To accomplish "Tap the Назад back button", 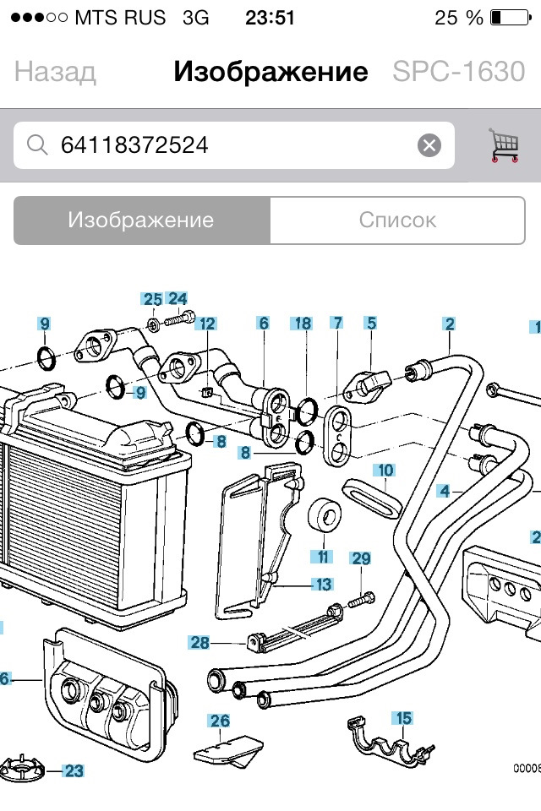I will click(55, 72).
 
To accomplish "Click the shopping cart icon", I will click(503, 145).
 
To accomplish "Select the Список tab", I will click(397, 220).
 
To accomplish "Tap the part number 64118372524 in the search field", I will click(134, 145).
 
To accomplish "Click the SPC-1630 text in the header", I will click(458, 72).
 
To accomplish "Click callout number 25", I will click(152, 299).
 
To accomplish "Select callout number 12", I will click(207, 323).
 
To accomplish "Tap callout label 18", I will click(302, 323).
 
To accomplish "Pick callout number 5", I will click(370, 323).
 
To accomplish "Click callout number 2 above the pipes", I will click(450, 323).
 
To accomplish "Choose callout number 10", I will click(385, 470).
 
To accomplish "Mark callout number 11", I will click(322, 556).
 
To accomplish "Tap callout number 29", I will click(361, 558).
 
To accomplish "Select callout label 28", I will click(199, 643).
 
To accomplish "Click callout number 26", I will click(220, 721).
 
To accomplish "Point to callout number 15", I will click(404, 718).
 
